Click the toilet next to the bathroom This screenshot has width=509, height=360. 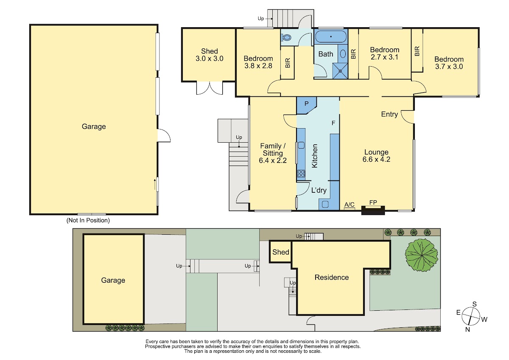(286, 37)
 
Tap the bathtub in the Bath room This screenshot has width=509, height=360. (331, 37)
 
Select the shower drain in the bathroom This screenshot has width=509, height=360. (340, 71)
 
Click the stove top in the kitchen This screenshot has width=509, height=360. (301, 174)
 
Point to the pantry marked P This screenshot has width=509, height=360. (306, 105)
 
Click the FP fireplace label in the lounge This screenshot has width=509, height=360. (373, 202)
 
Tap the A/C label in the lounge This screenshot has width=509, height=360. (349, 205)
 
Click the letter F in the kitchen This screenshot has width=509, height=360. (333, 123)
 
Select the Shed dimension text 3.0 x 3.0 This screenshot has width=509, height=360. (210, 59)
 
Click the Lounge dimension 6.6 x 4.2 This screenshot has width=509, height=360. (376, 160)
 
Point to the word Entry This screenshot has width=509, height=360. (389, 114)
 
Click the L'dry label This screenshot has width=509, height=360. (319, 190)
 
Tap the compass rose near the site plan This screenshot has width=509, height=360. (471, 316)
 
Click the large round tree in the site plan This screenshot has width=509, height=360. (422, 255)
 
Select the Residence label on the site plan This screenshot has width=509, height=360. (332, 278)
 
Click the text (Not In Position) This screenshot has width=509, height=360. (88, 220)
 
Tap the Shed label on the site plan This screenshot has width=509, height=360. (281, 252)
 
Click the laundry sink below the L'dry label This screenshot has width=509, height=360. (325, 204)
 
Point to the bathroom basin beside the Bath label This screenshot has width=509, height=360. (343, 53)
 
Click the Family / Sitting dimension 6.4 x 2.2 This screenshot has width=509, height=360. (273, 160)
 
